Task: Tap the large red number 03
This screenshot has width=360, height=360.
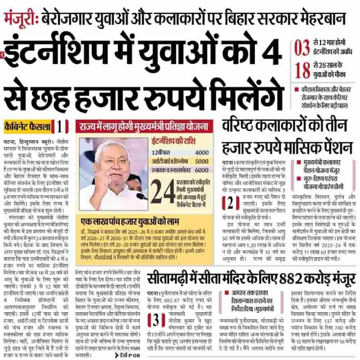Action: click(302, 48)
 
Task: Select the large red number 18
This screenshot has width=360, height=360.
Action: click(302, 70)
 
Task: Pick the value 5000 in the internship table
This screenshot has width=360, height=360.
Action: click(202, 162)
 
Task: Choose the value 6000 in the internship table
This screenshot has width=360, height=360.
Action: click(202, 170)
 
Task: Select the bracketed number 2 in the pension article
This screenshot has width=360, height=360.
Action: click(230, 204)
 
